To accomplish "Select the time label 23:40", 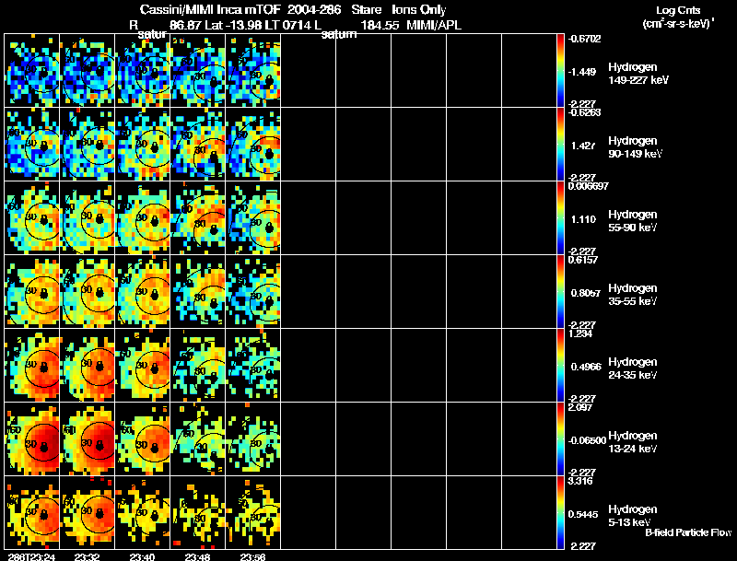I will pos(144,556).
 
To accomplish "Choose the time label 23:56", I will pos(254,556).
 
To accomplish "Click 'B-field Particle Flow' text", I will pos(688,532).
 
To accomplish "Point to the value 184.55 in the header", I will pos(380,25).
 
